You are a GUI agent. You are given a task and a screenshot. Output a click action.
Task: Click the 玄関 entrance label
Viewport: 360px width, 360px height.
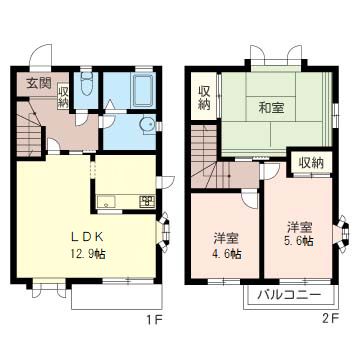(37, 82)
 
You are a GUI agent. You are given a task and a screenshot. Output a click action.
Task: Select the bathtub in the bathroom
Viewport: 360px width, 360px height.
(141, 93)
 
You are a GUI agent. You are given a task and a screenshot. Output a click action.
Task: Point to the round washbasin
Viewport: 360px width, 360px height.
(147, 125)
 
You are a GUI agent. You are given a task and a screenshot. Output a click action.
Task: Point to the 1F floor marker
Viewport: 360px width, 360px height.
(153, 320)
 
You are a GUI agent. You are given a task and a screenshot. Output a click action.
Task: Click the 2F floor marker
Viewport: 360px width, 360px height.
(331, 320)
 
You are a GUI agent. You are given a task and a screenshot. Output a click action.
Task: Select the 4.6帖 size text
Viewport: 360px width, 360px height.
(226, 246)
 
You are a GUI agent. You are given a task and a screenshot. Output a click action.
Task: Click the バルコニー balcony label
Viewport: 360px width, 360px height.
(288, 296)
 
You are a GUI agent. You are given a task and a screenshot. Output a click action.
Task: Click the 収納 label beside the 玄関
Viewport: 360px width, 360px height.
(63, 95)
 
